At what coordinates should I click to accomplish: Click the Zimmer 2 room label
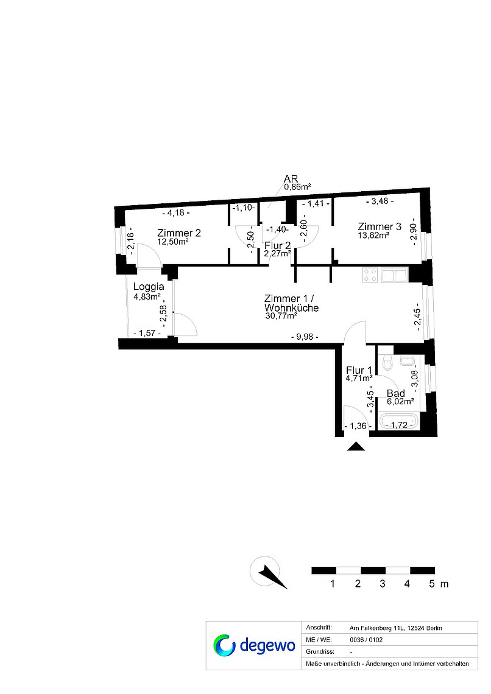[x=179, y=233]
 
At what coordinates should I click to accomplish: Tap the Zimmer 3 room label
[x=380, y=226]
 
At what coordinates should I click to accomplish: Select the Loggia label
[x=149, y=287]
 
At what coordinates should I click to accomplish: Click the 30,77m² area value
[x=281, y=316]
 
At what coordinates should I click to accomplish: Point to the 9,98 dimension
[x=305, y=337]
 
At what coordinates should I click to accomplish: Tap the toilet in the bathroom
[x=387, y=363]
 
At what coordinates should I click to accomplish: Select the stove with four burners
[x=370, y=275]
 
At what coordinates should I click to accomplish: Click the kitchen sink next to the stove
[x=394, y=275]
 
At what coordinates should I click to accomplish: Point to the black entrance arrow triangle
[x=356, y=446]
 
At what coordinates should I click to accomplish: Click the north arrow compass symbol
[x=268, y=573]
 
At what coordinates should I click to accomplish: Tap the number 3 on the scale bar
[x=382, y=584]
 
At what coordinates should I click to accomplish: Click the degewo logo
[x=254, y=645]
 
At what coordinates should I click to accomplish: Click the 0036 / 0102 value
[x=366, y=640]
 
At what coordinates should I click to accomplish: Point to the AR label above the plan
[x=291, y=179]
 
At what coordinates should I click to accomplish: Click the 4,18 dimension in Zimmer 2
[x=176, y=213]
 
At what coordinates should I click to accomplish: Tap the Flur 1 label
[x=359, y=370]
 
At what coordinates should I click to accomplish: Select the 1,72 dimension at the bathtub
[x=400, y=426]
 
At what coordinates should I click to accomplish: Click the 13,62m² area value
[x=373, y=236]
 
